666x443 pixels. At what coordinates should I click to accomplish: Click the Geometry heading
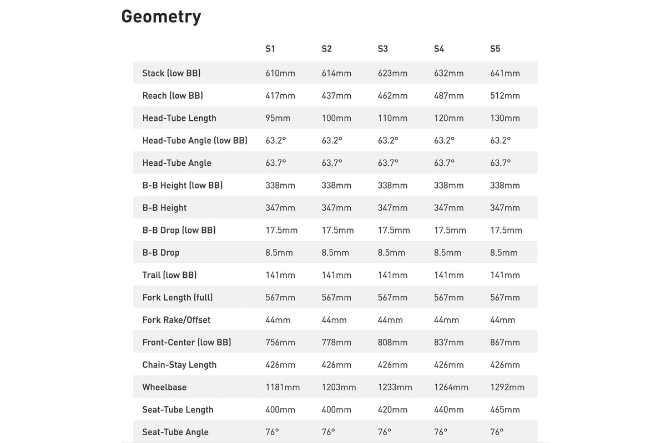point(161,17)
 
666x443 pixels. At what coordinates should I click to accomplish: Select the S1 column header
point(270,49)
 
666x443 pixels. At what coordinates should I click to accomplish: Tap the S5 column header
point(495,49)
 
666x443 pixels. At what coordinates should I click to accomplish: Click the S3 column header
point(382,49)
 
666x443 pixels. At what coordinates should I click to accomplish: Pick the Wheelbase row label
point(164,387)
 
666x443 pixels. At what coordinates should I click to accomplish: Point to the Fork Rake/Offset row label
point(176,320)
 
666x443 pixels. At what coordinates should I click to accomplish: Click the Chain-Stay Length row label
point(179,365)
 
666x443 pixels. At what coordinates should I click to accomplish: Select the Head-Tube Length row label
point(179,118)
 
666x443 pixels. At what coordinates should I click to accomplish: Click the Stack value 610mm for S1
point(280,73)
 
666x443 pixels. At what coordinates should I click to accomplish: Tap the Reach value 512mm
point(505,96)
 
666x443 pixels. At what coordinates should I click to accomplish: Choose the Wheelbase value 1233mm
point(395,387)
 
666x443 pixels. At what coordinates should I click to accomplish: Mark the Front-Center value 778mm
point(336,342)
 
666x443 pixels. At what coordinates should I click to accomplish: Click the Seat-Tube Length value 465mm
point(505,410)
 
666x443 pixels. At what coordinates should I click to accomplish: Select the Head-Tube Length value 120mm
point(448,118)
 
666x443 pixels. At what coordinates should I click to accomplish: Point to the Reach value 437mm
point(336,96)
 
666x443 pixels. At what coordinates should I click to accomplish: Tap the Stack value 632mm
point(448,73)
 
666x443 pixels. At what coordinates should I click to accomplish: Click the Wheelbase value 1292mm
point(507,387)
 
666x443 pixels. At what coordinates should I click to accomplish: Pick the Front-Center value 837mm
point(448,342)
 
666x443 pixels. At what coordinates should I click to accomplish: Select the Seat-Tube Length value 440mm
point(448,410)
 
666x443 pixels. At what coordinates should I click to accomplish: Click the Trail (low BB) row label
point(169,275)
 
